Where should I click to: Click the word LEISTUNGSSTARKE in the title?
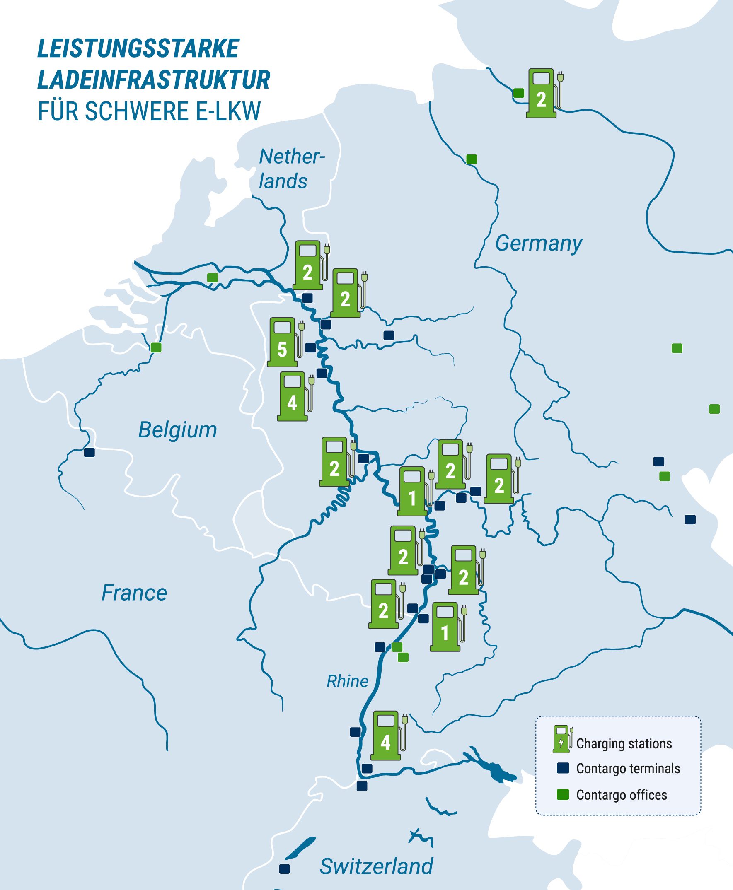(x=138, y=48)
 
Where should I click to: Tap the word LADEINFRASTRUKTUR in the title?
(x=154, y=80)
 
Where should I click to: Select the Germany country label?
(x=538, y=244)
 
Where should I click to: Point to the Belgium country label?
(x=177, y=430)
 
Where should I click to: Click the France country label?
(x=134, y=593)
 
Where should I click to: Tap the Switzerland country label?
(x=376, y=866)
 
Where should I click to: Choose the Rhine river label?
(x=347, y=682)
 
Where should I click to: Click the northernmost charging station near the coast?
(x=542, y=93)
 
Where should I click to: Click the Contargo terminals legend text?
(x=628, y=769)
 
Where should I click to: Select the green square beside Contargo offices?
(x=563, y=795)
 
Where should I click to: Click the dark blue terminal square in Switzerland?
(x=285, y=869)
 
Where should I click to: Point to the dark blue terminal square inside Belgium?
(x=89, y=452)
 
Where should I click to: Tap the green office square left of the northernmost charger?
(x=518, y=93)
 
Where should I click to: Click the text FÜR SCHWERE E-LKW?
(x=149, y=111)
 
